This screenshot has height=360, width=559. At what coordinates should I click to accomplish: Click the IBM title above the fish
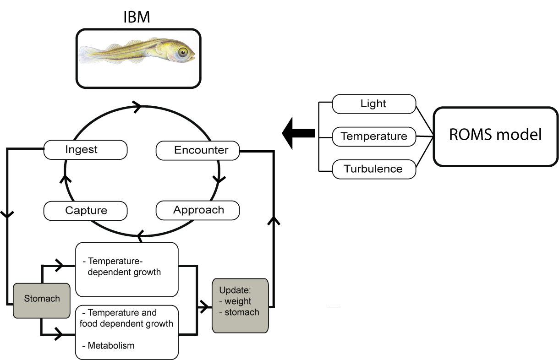click(x=137, y=17)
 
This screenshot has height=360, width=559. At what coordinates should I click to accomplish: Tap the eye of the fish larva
click(x=183, y=52)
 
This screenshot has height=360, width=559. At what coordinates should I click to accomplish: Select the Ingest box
click(x=85, y=150)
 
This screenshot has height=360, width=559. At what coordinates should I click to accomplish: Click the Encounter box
click(x=197, y=150)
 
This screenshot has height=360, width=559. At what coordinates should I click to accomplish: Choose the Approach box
click(x=197, y=210)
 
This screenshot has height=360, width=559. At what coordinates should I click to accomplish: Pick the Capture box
click(x=85, y=211)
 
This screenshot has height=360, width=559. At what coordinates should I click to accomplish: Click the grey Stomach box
click(x=42, y=300)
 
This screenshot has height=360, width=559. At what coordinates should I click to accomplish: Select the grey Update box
click(x=240, y=305)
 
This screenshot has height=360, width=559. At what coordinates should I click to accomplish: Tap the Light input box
click(x=374, y=104)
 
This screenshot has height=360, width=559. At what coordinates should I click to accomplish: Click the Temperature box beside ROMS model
click(x=374, y=136)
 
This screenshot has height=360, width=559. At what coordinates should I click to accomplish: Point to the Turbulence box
click(x=374, y=169)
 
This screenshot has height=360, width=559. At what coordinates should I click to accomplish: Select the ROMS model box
click(x=496, y=136)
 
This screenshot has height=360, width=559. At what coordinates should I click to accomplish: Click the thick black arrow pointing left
click(x=298, y=133)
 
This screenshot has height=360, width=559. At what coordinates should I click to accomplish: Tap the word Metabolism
click(x=111, y=345)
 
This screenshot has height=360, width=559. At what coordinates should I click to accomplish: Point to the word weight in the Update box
click(x=238, y=301)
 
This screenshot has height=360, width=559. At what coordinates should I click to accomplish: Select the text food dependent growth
click(x=126, y=324)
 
